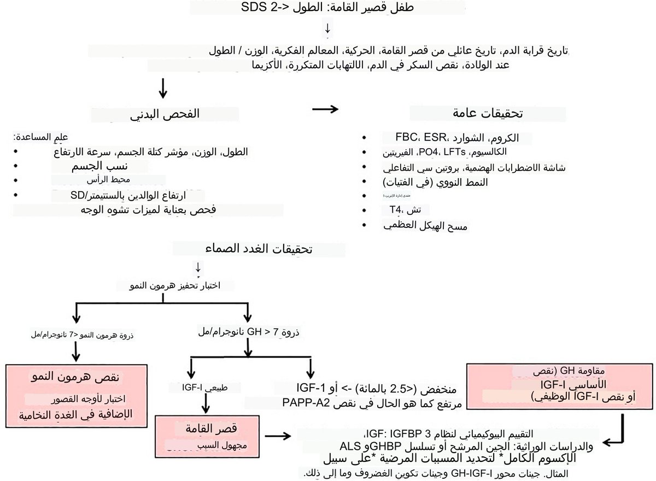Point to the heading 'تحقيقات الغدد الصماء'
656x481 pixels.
[259, 249]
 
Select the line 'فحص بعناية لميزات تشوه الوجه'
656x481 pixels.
[148, 210]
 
